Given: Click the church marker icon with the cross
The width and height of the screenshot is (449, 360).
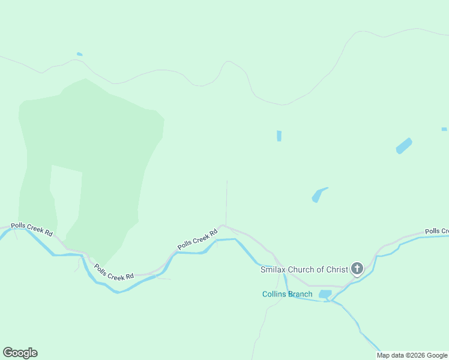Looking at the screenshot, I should pyautogui.click(x=357, y=268).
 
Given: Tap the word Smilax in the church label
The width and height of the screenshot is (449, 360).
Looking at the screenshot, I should pyautogui.click(x=273, y=269).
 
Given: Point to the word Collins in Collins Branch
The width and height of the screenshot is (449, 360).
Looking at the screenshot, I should pyautogui.click(x=275, y=294).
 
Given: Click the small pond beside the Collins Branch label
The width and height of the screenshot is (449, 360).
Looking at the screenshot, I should pyautogui.click(x=325, y=294).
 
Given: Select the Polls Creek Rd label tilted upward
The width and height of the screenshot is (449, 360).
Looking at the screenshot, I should pyautogui.click(x=197, y=239).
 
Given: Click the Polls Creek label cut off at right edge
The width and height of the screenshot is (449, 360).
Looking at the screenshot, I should pyautogui.click(x=436, y=231).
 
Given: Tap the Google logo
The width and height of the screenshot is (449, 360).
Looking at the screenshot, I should pyautogui.click(x=20, y=353).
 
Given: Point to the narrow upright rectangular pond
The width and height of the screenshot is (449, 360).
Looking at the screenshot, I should pyautogui.click(x=279, y=136).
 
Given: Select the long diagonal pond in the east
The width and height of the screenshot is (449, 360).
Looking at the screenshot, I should pyautogui.click(x=404, y=146).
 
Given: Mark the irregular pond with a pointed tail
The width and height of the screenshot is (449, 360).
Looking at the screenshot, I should pyautogui.click(x=318, y=195).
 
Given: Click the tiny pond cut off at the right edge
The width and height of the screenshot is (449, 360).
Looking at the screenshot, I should pyautogui.click(x=444, y=129).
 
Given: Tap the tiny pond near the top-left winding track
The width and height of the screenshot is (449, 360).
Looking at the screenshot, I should pyautogui.click(x=79, y=55).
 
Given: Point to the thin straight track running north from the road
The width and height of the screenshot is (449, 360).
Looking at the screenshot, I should pyautogui.click(x=226, y=201).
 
